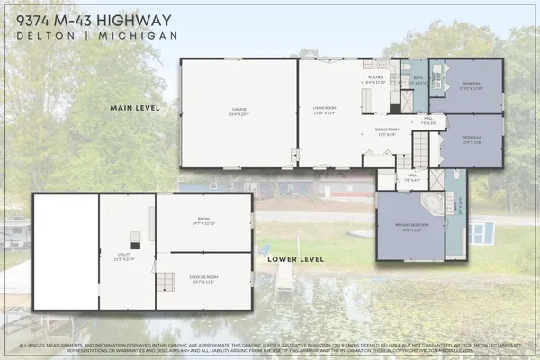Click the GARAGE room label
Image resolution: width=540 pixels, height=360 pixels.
click(238, 112)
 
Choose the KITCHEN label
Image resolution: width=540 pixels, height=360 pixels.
click(376, 78)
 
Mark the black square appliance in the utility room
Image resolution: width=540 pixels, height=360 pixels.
click(135, 243)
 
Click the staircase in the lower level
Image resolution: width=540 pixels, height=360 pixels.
click(166, 281)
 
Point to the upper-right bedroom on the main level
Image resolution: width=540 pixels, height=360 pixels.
click(473, 86)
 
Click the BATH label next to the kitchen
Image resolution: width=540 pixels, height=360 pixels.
click(418, 80)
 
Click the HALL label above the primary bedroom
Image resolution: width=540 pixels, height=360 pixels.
click(411, 177)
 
